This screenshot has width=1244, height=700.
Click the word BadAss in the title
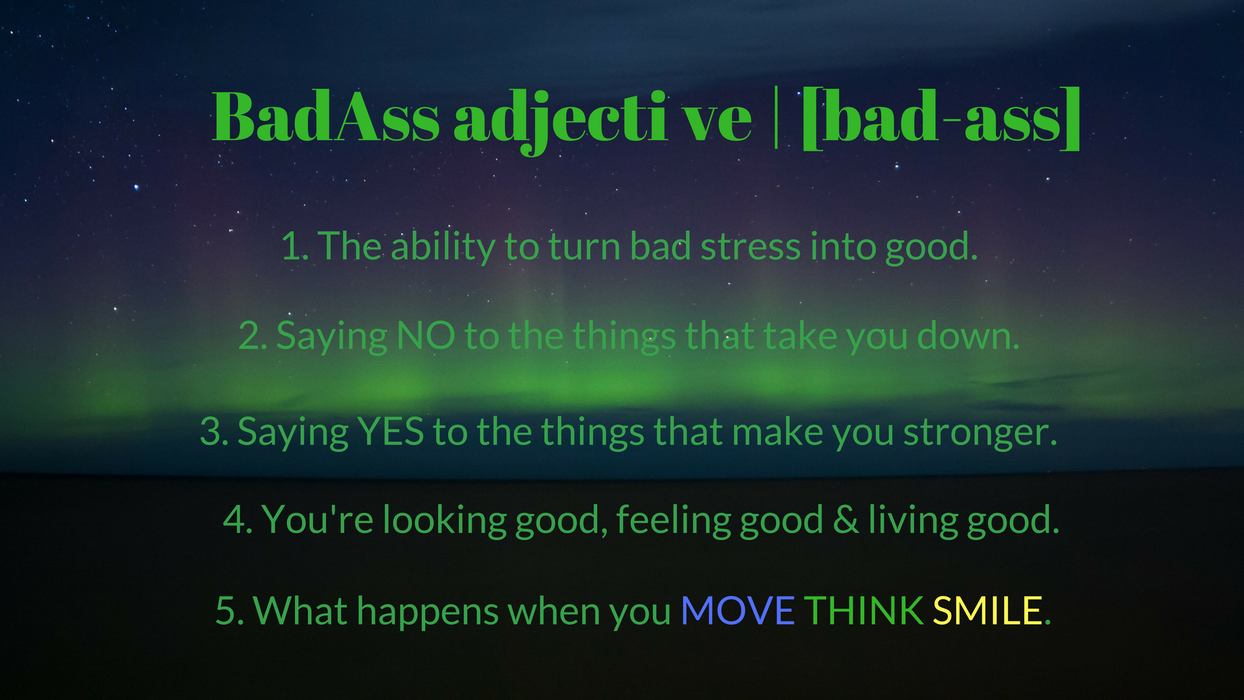[x=326, y=117]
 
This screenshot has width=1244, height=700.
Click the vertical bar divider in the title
[x=776, y=117]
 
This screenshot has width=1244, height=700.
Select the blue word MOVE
[x=738, y=611]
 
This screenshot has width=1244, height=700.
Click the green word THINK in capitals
[x=864, y=611]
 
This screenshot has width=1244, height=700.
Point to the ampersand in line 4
[x=846, y=520]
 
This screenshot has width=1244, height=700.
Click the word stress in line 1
[x=751, y=247]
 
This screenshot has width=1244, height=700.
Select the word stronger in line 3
[x=980, y=433]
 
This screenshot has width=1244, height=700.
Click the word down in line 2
[x=968, y=336]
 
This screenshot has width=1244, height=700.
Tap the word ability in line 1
[x=443, y=248]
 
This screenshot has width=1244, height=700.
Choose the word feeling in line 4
[x=673, y=520]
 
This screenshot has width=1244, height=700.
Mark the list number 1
[x=294, y=247]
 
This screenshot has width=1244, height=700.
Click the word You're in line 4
[x=317, y=520]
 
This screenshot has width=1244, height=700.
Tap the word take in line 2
[x=801, y=336]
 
